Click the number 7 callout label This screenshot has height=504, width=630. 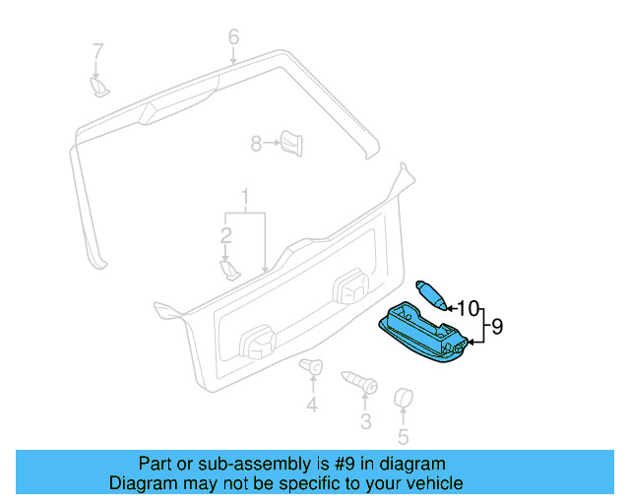[97, 50]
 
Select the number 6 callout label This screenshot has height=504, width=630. [233, 37]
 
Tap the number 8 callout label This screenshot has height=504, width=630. [256, 144]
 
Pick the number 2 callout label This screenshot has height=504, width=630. [225, 235]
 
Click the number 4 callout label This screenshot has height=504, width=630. [311, 406]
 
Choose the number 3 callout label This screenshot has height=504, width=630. [365, 422]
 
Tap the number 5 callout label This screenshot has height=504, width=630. [403, 437]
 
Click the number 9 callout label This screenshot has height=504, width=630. [497, 326]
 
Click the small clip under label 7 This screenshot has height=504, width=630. [99, 88]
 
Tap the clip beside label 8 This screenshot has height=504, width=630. [291, 143]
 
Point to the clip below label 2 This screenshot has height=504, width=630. [228, 268]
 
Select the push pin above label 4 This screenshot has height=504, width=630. [312, 370]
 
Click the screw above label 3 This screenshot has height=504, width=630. [359, 381]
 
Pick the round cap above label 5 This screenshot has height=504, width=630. [403, 399]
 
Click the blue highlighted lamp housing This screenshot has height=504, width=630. [423, 333]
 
